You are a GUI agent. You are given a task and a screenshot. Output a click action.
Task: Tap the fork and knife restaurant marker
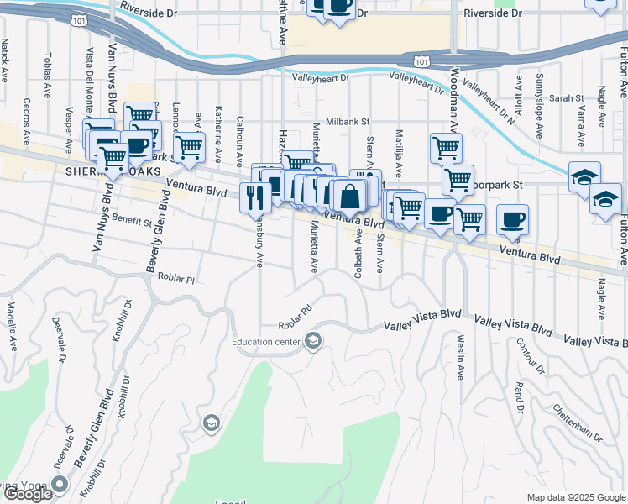point(254,197)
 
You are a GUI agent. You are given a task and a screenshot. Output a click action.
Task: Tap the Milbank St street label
point(349,121)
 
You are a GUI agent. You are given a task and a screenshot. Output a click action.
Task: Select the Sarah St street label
point(560,98)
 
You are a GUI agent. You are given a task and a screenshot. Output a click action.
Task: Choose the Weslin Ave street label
point(461,357)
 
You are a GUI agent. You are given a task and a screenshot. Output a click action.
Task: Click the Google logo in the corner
point(28,494)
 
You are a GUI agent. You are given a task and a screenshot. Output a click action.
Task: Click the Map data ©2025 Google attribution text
point(576,497)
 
